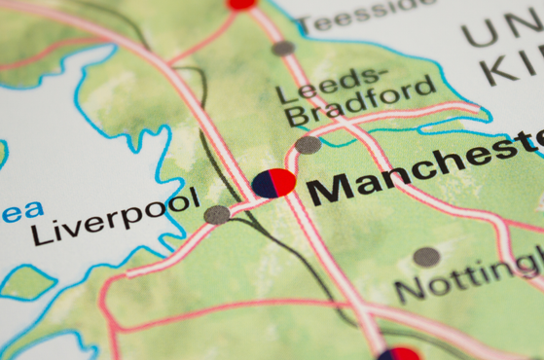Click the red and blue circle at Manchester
click(273, 183)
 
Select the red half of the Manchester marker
click(283, 183)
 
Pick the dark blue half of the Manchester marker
click(263, 183)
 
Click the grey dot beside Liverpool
click(217, 214)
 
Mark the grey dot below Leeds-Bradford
click(308, 145)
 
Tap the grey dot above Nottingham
click(425, 257)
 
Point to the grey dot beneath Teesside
click(283, 48)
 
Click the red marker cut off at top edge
click(241, 4)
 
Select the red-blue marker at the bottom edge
click(399, 354)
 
